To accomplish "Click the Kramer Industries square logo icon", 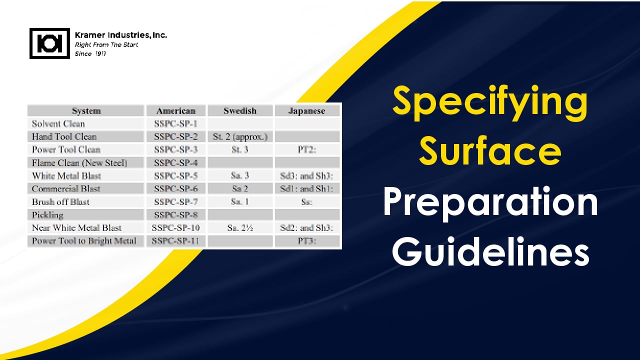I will click(49, 43).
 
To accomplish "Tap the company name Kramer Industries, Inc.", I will click(120, 35).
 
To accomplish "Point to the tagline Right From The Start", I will click(106, 45).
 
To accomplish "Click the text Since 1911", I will click(90, 54).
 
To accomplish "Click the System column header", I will click(86, 111).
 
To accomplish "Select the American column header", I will click(175, 111).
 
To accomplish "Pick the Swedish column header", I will click(240, 111).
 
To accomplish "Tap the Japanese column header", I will click(307, 111).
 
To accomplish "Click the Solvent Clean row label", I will click(58, 123).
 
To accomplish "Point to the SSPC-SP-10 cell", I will click(175, 228).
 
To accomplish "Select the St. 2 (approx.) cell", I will click(240, 136).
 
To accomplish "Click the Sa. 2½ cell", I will click(240, 228).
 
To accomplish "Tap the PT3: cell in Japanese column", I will click(307, 241).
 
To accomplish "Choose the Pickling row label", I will click(47, 215).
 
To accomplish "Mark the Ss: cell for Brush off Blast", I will click(307, 202).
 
